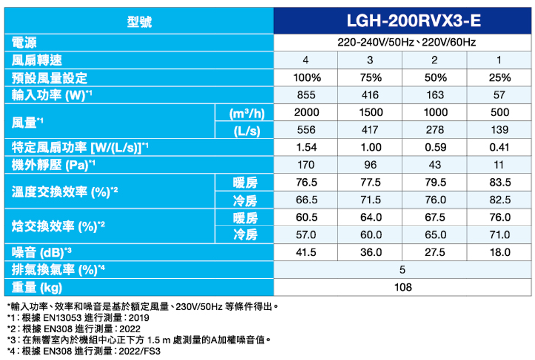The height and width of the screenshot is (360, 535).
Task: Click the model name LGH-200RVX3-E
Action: pyautogui.click(x=403, y=21)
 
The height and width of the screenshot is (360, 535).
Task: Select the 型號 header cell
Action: pyautogui.click(x=140, y=22)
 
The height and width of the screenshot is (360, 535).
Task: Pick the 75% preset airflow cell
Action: pyautogui.click(x=371, y=78)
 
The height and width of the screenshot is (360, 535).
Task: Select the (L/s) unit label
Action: pyautogui.click(x=247, y=130)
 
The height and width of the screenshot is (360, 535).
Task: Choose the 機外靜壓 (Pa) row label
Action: pyautogui.click(x=53, y=165)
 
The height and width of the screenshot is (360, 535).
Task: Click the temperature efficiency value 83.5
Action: pyautogui.click(x=500, y=182)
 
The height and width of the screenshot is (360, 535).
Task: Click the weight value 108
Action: pyautogui.click(x=403, y=287)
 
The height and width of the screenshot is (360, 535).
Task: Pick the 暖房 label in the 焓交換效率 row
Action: pyautogui.click(x=246, y=217)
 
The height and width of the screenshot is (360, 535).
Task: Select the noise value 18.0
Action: pyautogui.click(x=500, y=252)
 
